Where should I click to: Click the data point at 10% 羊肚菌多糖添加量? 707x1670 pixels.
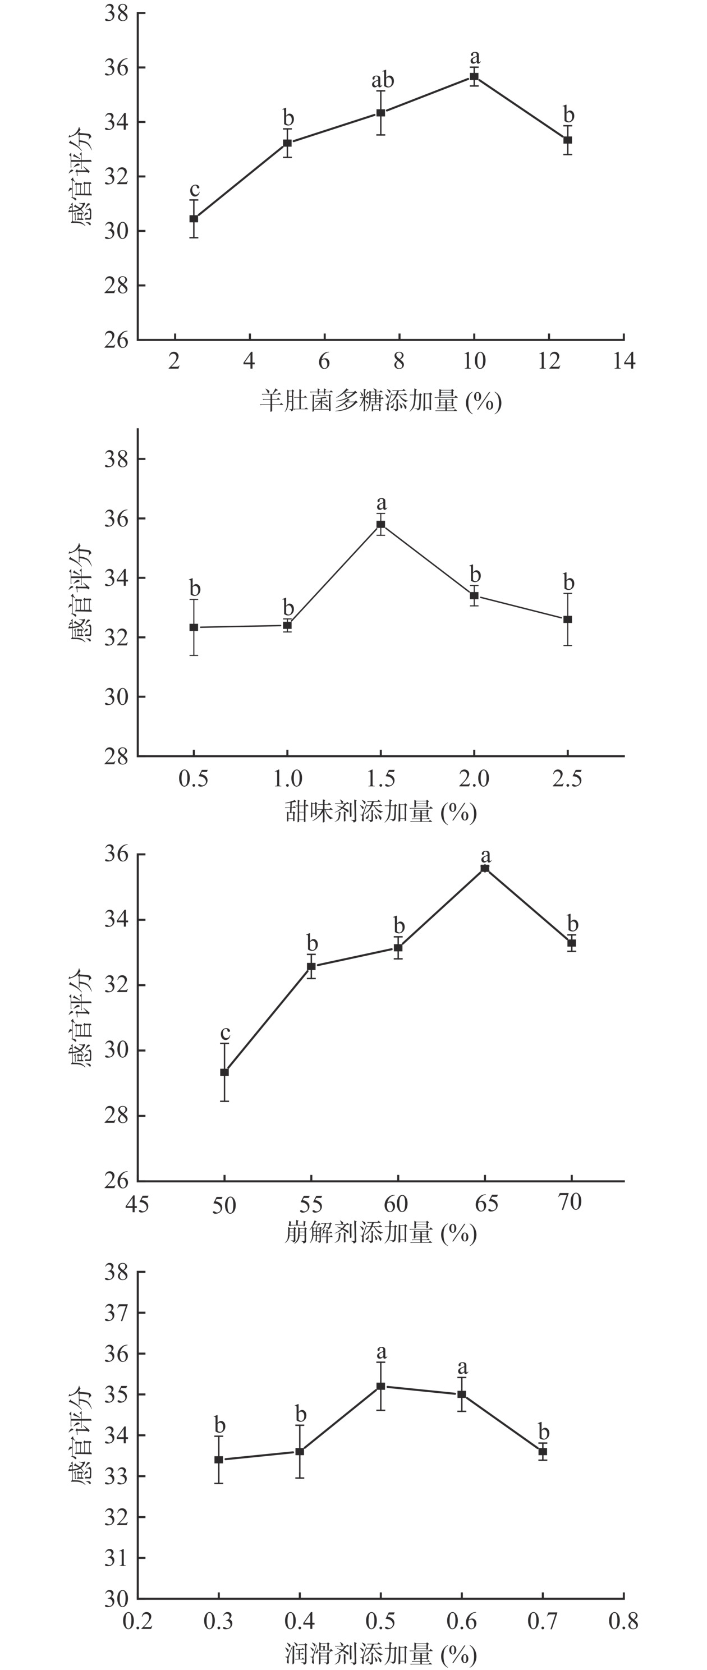tap(474, 76)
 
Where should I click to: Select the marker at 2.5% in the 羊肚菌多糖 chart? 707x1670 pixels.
tap(194, 218)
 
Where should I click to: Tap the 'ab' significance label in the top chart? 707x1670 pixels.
tap(382, 80)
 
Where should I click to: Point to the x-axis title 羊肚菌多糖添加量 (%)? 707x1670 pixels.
tap(381, 401)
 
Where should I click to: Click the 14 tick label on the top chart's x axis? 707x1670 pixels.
tap(624, 361)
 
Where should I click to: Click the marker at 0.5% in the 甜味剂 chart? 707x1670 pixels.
tap(194, 627)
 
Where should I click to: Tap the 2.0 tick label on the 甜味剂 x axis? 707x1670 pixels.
tap(474, 778)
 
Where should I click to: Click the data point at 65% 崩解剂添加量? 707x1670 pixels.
tap(485, 868)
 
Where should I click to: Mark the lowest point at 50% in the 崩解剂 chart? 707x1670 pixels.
tap(224, 1072)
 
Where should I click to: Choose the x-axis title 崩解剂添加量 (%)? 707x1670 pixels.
tap(381, 1232)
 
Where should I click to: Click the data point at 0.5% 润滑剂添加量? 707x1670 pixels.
tap(381, 1386)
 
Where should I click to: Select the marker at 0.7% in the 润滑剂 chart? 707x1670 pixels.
tap(543, 1452)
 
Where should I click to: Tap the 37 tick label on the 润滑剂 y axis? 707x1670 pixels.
tap(116, 1313)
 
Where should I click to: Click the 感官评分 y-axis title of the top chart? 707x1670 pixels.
tap(81, 176)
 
